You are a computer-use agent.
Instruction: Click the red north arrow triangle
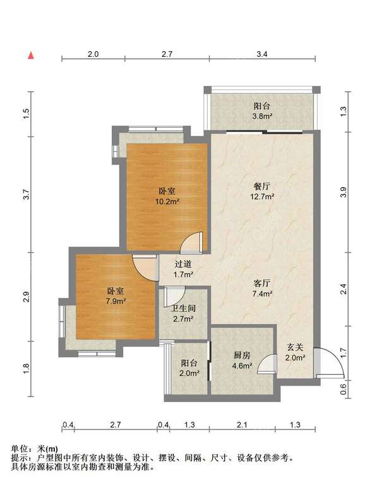coord(31,56)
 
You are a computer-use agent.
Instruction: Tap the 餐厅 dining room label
coord(262,186)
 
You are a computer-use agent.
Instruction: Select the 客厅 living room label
coord(262,283)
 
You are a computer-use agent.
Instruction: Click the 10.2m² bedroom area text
coord(167,202)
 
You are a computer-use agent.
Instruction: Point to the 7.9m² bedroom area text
coord(116,301)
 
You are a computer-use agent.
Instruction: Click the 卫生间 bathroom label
coord(183,308)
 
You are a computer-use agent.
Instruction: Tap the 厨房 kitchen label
coord(242,355)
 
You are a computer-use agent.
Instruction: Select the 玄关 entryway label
coord(295,347)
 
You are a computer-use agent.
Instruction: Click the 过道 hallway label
coord(183,264)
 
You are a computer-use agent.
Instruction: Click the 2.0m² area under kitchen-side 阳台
coord(189,373)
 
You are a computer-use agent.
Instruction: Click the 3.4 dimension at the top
coord(262,54)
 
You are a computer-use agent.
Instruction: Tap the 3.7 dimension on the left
coord(27,195)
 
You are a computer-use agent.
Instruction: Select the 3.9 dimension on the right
coord(343,192)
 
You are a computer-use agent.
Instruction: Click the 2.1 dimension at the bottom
coord(241,425)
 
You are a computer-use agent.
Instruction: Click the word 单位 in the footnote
coord(20,449)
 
